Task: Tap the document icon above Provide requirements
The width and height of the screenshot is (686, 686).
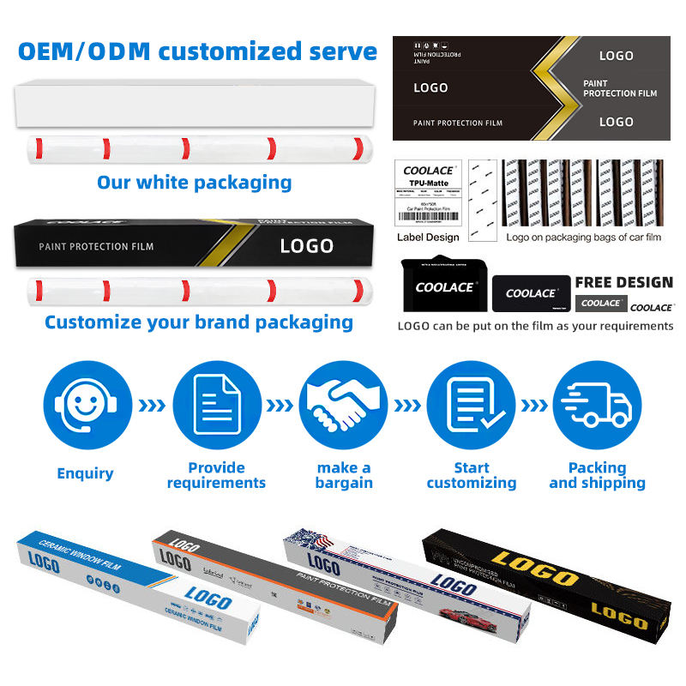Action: click(216, 406)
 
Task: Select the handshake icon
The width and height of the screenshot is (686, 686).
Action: click(343, 406)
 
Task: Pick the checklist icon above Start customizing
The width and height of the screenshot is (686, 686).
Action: click(471, 406)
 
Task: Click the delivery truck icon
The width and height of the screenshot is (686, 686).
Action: click(597, 406)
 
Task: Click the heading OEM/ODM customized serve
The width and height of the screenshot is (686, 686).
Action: click(197, 51)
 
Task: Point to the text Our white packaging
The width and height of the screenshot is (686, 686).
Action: click(194, 182)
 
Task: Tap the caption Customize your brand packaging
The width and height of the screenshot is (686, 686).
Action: click(199, 322)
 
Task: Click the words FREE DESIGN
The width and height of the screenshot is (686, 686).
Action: click(623, 282)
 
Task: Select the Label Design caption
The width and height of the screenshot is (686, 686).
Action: click(428, 237)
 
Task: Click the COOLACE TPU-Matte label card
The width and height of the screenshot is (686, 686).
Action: click(428, 193)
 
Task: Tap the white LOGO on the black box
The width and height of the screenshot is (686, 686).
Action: click(306, 246)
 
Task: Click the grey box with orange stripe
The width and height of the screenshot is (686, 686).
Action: click(274, 583)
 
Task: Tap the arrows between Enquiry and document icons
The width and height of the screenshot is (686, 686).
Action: click(152, 406)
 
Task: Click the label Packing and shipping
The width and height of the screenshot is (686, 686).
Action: click(597, 475)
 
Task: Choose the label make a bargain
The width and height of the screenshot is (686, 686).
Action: click(343, 475)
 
